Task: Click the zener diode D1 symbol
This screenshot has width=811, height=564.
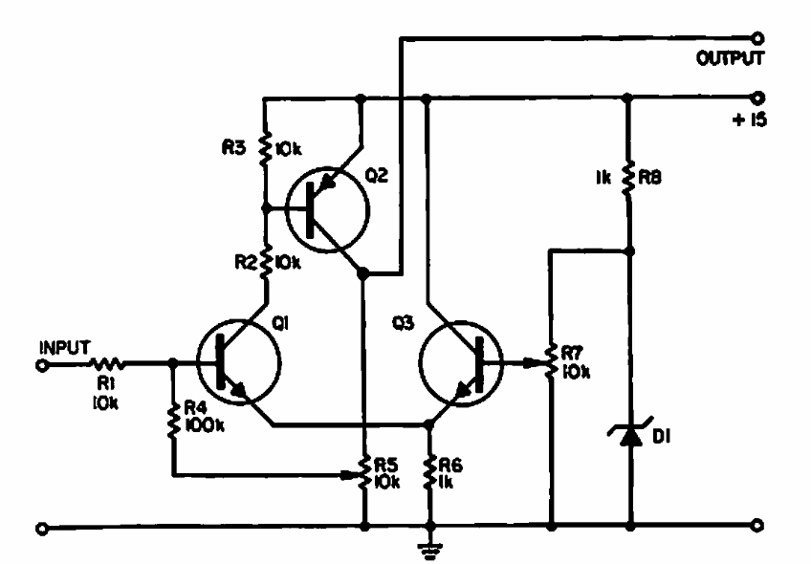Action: coord(629,435)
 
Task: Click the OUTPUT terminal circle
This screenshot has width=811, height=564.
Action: coord(758,38)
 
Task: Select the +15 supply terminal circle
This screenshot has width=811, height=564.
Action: coord(758,97)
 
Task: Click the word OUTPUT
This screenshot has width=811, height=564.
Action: coord(731,59)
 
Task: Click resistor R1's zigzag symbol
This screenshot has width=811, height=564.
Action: coord(105,363)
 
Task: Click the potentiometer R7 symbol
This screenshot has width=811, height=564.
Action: coord(552,363)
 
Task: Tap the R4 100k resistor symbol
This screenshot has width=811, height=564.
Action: coord(172,420)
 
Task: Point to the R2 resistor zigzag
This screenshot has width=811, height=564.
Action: coord(267,260)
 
